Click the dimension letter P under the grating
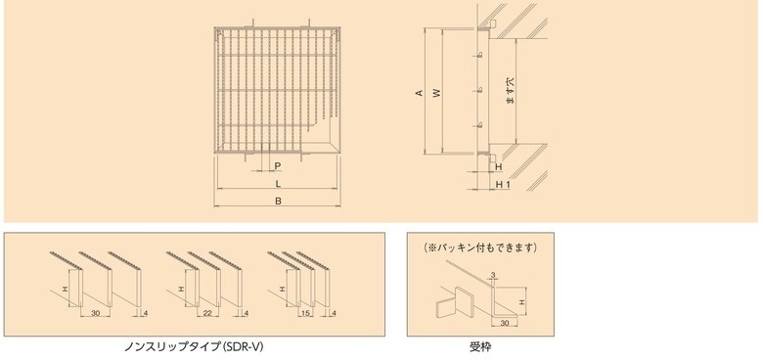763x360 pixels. click(278, 166)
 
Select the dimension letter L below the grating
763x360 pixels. click(278, 183)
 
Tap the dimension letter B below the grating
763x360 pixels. click(278, 201)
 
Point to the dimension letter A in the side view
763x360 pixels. click(419, 92)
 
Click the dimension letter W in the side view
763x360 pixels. click(437, 92)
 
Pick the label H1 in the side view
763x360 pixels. click(502, 184)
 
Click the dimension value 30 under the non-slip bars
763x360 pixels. click(95, 313)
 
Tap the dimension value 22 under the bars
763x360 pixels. click(208, 313)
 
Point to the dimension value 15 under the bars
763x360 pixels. click(305, 313)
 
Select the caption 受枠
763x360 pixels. click(480, 347)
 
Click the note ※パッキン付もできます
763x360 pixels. click(480, 247)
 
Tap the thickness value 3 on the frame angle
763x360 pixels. click(493, 275)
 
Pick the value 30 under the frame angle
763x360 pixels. click(504, 323)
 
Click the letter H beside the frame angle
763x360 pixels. click(522, 302)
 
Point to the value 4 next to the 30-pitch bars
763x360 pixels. click(146, 313)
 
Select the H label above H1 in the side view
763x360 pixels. click(498, 167)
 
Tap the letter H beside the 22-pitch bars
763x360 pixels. click(181, 289)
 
